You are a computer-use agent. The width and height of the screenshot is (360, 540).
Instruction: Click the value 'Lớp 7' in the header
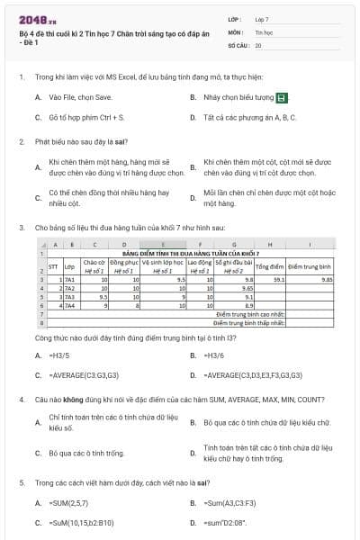point(262,18)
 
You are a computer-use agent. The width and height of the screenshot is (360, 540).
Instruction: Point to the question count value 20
point(259,44)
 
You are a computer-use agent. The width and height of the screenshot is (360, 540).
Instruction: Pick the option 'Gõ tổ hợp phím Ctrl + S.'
point(86,117)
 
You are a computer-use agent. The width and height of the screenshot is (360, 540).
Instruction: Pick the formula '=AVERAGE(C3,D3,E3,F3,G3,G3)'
point(248,374)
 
